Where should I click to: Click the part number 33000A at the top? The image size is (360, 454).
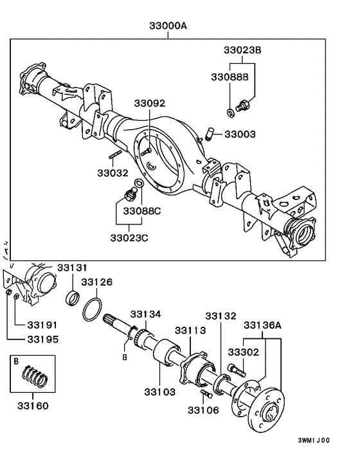pyautogui.click(x=169, y=26)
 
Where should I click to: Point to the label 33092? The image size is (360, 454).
pyautogui.click(x=149, y=104)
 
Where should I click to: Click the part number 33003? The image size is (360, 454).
pyautogui.click(x=240, y=134)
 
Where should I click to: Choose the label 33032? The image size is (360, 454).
pyautogui.click(x=113, y=173)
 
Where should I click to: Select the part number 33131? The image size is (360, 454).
pyautogui.click(x=73, y=268)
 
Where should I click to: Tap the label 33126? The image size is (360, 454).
pyautogui.click(x=96, y=282)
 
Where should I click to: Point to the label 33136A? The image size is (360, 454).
pyautogui.click(x=262, y=325)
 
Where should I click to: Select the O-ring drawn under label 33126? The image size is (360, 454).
pyautogui.click(x=93, y=310)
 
